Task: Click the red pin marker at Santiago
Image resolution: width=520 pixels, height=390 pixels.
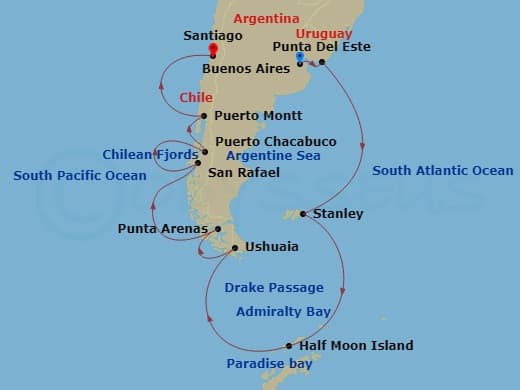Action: [x=212, y=49]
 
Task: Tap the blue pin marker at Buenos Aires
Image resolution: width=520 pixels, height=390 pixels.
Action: [x=300, y=59]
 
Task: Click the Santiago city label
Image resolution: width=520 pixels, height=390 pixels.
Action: [x=211, y=35]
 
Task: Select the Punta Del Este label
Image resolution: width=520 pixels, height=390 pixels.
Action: [x=316, y=46]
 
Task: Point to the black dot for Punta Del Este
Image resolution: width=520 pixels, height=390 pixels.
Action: [x=322, y=62]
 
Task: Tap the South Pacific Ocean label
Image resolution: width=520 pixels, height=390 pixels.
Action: [x=80, y=176]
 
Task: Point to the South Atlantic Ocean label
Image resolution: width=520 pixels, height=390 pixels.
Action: [x=442, y=171]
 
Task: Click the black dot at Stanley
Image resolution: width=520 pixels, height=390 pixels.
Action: [x=302, y=214]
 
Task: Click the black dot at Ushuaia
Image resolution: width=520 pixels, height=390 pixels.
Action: [x=234, y=248]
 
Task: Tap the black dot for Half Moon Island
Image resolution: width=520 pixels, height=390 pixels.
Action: [x=289, y=347]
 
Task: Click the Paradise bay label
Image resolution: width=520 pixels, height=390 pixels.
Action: [x=269, y=364]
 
